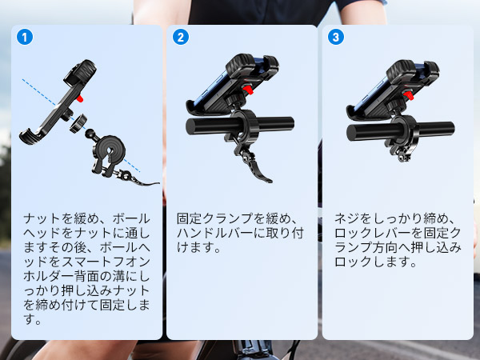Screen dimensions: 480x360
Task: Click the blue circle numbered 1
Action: (x=25, y=37)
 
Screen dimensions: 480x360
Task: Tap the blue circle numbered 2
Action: (x=181, y=37)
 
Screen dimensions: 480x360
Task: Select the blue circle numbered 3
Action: (x=336, y=37)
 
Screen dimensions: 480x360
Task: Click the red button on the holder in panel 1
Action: (x=80, y=98)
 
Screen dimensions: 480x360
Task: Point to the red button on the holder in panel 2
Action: (x=248, y=90)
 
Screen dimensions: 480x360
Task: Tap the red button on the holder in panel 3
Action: (x=409, y=95)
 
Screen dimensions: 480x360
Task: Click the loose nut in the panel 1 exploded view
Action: (x=78, y=122)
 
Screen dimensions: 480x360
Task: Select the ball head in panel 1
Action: (x=90, y=134)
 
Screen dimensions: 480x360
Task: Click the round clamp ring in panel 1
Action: (x=110, y=150)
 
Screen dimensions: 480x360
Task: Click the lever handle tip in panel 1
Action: (x=158, y=183)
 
